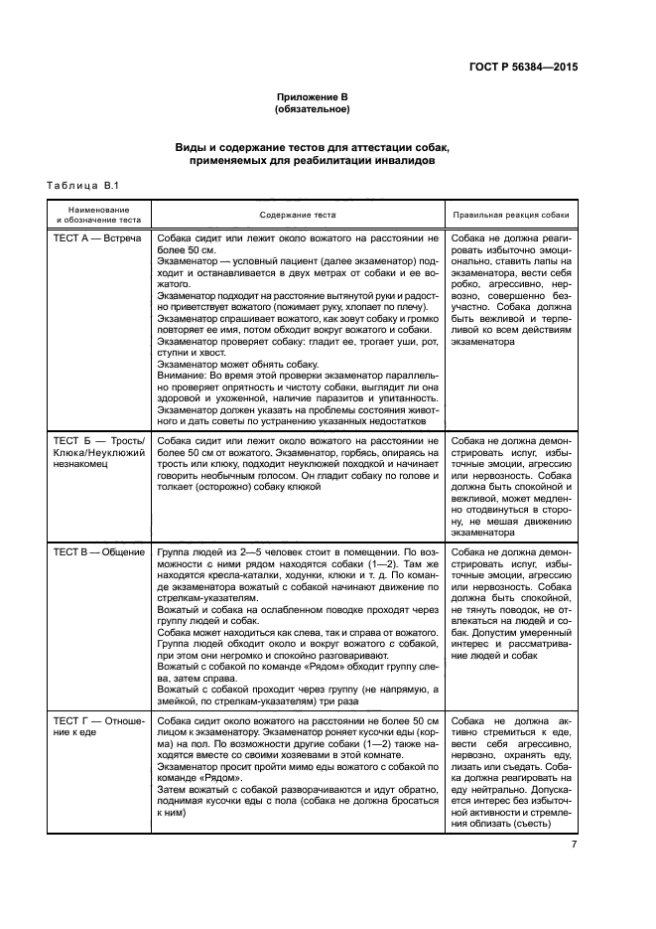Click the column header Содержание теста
[x=298, y=215]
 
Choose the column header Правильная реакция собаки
[x=511, y=215]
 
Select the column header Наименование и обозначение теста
[x=98, y=215]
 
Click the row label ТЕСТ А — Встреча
[x=96, y=239]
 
